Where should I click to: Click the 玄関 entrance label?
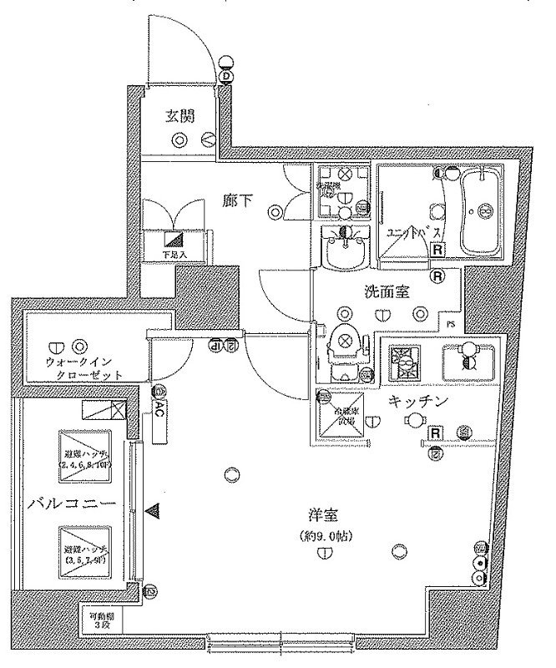click(x=179, y=117)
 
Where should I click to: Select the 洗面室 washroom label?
click(x=385, y=292)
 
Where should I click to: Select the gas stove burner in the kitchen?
click(x=405, y=359)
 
